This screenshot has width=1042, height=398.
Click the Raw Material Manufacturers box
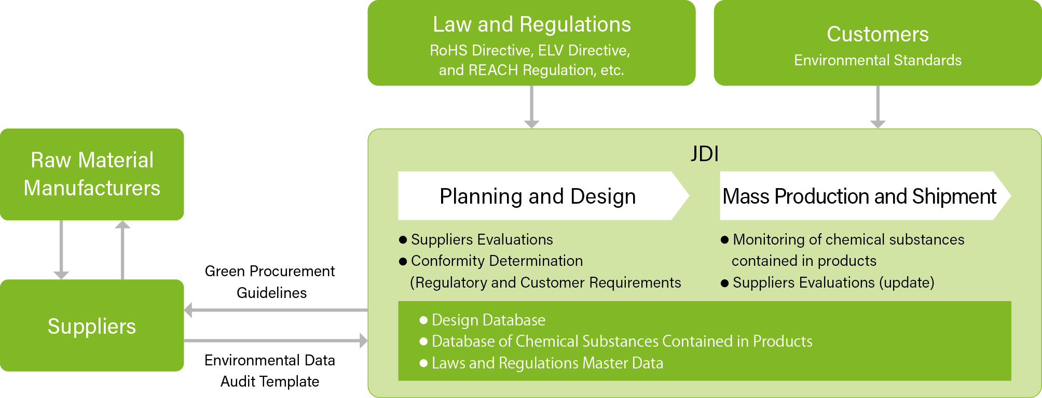92,174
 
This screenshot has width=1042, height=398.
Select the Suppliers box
92,326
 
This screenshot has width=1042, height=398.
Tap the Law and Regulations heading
531,24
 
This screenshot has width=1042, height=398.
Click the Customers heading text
878,34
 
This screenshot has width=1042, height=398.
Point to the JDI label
705,154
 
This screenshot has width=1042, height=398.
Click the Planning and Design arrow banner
538,196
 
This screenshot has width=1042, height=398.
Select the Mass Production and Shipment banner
859,196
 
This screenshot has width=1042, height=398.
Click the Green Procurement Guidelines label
270,281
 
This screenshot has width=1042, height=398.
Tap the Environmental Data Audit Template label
270,371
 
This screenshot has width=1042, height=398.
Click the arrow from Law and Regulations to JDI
531,107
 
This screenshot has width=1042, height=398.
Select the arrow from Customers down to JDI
878,107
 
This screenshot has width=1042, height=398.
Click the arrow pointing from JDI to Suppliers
276,310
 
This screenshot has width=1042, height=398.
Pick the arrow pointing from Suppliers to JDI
276,340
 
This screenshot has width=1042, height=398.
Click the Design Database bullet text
488,320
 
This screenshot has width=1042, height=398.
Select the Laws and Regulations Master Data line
547,363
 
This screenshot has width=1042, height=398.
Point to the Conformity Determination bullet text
497,261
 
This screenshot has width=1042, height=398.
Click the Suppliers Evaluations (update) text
833,283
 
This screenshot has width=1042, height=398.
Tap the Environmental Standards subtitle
878,60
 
